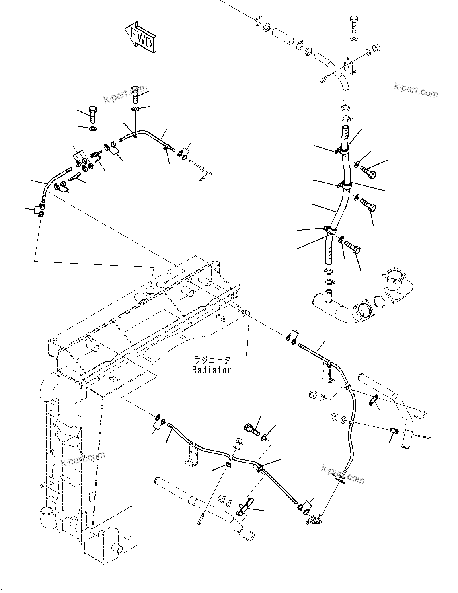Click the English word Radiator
tap(211, 370)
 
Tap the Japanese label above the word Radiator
tap(211, 360)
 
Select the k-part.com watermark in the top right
tap(415, 90)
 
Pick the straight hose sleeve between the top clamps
tap(284, 36)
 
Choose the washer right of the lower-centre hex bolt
tap(265, 438)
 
